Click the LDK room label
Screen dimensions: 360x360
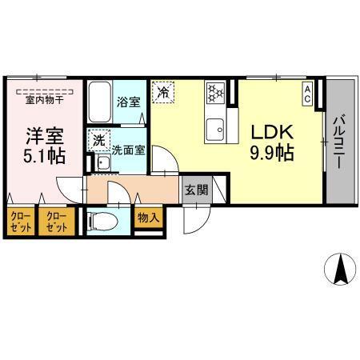coord(273,130)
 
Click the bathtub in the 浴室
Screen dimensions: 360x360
coord(101,102)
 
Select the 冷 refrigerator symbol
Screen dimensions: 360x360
coord(163,91)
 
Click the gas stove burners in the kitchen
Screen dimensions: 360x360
coord(215,94)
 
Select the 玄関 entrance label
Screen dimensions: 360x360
coord(196,190)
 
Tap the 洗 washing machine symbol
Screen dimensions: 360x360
coord(100,141)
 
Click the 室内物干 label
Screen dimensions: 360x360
coord(45,99)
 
